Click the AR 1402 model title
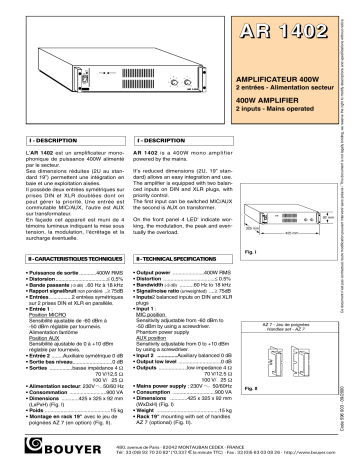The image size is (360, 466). pyautogui.click(x=290, y=36)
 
